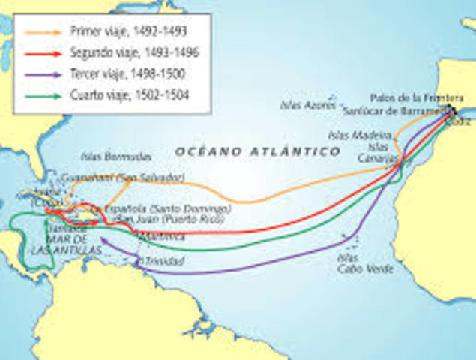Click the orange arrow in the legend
(x=42, y=31)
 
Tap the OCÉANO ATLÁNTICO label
(x=258, y=151)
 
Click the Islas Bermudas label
(x=116, y=157)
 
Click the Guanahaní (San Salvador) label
(x=124, y=178)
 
